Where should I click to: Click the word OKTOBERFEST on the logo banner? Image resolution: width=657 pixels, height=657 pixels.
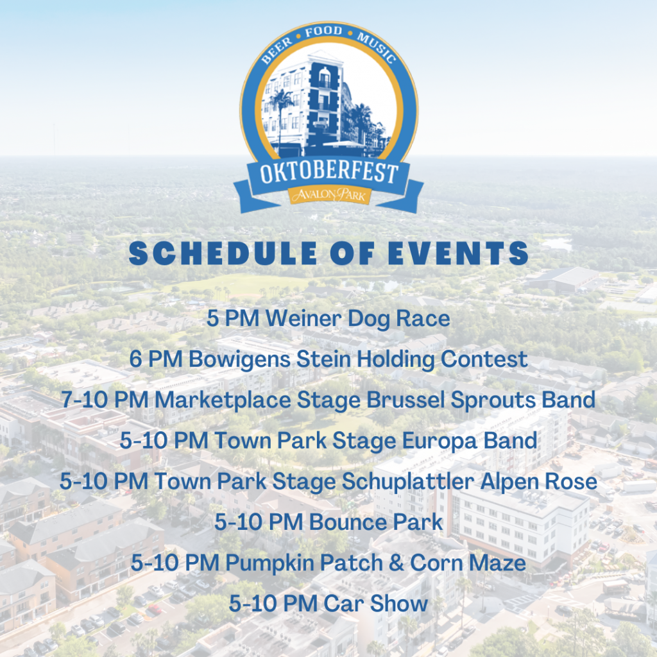[x=328, y=173]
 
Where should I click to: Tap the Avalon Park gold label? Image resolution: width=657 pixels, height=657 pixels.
[x=329, y=195]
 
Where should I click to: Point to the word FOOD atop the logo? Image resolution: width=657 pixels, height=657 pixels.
[x=323, y=32]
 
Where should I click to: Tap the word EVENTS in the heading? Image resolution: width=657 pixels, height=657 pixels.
[x=458, y=253]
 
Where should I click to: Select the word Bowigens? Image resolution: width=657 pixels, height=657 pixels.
[x=239, y=360]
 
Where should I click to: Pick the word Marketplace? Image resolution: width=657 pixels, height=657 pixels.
[x=223, y=400]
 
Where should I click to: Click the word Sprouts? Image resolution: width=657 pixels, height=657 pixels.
[x=493, y=400]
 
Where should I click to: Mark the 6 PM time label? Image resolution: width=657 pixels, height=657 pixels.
[x=155, y=359]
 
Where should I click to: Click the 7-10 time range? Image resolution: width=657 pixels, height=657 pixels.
[x=85, y=400]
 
